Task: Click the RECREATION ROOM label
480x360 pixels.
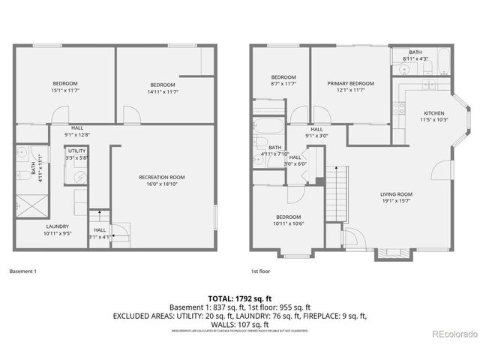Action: [161, 177]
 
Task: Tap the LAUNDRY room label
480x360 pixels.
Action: [57, 226]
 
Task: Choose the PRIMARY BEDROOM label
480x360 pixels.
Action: [350, 83]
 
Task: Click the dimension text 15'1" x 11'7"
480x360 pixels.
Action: [65, 91]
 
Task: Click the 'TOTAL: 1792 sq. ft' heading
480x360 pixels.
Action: [240, 297]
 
